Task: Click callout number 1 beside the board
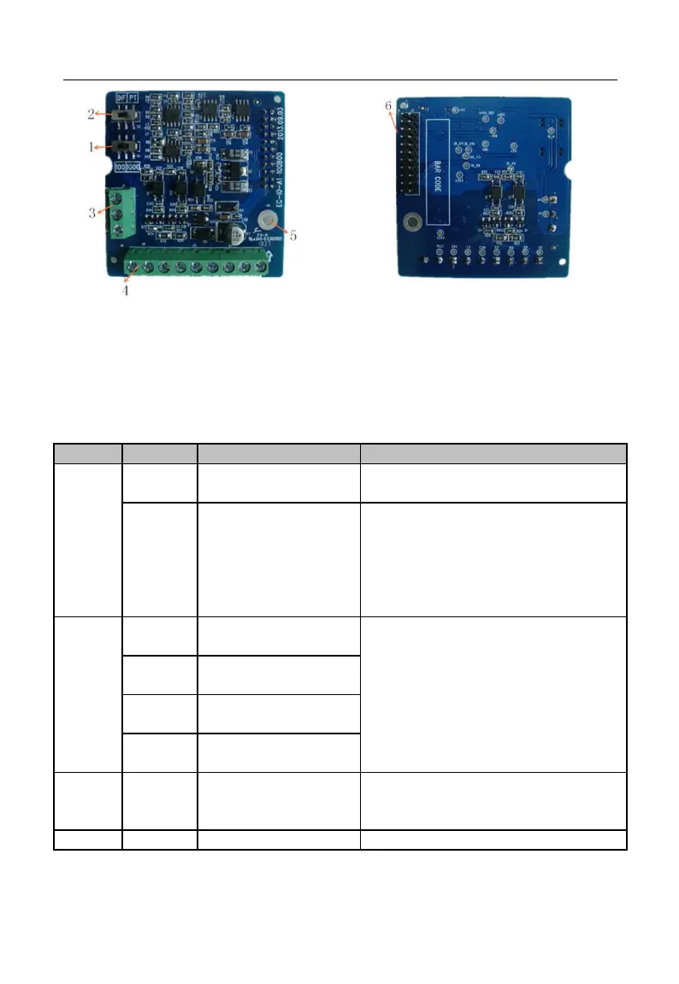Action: tap(92, 147)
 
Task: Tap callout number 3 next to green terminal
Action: tap(92, 213)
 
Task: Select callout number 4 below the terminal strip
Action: tap(126, 290)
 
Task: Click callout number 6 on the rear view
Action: tap(389, 105)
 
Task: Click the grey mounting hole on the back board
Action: tap(412, 223)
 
